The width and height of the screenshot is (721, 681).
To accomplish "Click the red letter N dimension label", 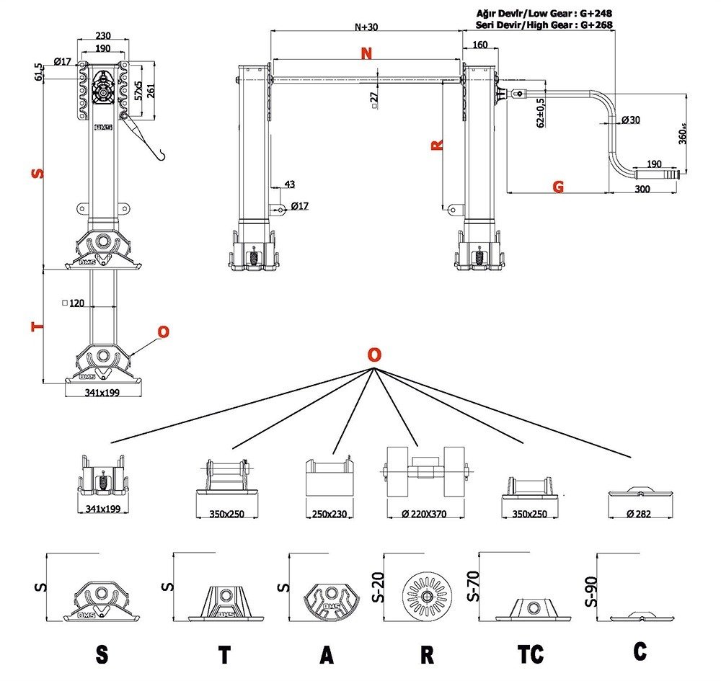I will [367, 54].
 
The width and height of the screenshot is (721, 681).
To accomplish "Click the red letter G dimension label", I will [558, 187].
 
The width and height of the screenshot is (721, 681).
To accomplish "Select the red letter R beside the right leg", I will [436, 145].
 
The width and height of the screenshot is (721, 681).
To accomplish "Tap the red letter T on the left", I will [37, 326].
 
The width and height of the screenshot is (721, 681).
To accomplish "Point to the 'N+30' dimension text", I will [367, 27].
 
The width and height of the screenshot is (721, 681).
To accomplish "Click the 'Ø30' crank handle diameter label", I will [629, 120].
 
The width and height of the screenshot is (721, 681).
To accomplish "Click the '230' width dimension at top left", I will [104, 35].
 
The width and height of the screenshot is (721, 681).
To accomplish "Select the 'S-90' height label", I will [590, 589].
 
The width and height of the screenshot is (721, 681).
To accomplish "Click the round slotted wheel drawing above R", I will [428, 596].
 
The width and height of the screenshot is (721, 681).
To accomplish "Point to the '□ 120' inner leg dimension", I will [74, 303].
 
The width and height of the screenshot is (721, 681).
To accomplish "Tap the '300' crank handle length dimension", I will [642, 189].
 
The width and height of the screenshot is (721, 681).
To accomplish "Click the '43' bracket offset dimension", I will [289, 184].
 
